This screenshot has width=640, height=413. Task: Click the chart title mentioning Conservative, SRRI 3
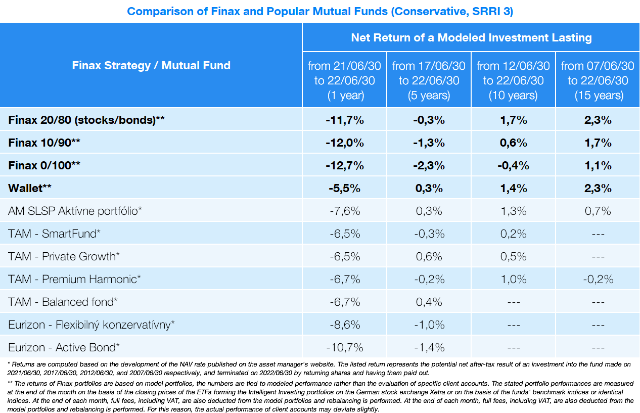click(x=319, y=11)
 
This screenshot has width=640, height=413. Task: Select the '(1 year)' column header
click(x=344, y=80)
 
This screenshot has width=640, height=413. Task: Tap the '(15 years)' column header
click(x=598, y=80)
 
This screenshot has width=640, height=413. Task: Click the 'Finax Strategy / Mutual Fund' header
click(x=151, y=65)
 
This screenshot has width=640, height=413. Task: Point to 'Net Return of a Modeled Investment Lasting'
click(x=471, y=37)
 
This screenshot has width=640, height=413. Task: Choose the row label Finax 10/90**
click(x=44, y=143)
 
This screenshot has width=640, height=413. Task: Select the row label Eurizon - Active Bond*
click(x=64, y=347)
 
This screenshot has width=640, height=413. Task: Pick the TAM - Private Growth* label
click(x=64, y=256)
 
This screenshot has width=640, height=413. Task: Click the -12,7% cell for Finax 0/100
click(x=344, y=166)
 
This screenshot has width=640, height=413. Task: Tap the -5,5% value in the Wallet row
click(x=344, y=189)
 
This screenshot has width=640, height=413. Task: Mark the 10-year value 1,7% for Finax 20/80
click(x=513, y=120)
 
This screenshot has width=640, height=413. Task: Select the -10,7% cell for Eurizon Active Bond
click(x=344, y=347)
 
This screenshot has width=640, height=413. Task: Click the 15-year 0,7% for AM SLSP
click(x=598, y=211)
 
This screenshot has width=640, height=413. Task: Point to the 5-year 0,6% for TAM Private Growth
click(x=429, y=256)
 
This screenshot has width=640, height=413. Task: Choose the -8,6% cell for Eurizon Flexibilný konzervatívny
click(x=344, y=325)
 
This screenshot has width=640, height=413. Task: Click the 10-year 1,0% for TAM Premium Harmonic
click(x=513, y=279)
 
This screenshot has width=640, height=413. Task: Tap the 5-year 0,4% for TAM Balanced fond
click(x=429, y=302)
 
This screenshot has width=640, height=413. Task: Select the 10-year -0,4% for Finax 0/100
click(x=513, y=166)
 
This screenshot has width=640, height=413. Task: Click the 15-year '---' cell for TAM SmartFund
click(x=598, y=234)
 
